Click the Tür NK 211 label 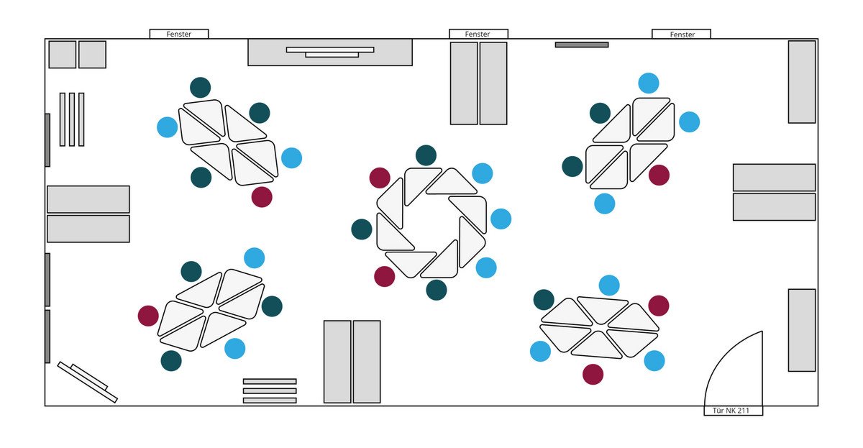coord(731,411)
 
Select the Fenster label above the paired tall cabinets coord(478,34)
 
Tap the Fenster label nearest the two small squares coord(179,34)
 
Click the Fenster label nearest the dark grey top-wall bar coord(682,35)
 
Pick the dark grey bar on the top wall coord(582,45)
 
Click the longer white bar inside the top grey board coord(330,50)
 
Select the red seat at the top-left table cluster coord(262,197)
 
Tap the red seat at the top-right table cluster coord(659,175)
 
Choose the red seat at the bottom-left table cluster coord(148,316)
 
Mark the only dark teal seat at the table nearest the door coord(544,300)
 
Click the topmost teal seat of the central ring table coord(426,155)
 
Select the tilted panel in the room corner coord(88,382)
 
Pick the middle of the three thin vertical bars coord(72,119)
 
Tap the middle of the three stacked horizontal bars coord(270,390)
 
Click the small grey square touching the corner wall coord(63,55)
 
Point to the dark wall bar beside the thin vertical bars coord(47,140)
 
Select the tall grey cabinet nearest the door coord(802,330)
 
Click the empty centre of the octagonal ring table coord(431,223)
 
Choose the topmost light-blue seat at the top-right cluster coord(649,83)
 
